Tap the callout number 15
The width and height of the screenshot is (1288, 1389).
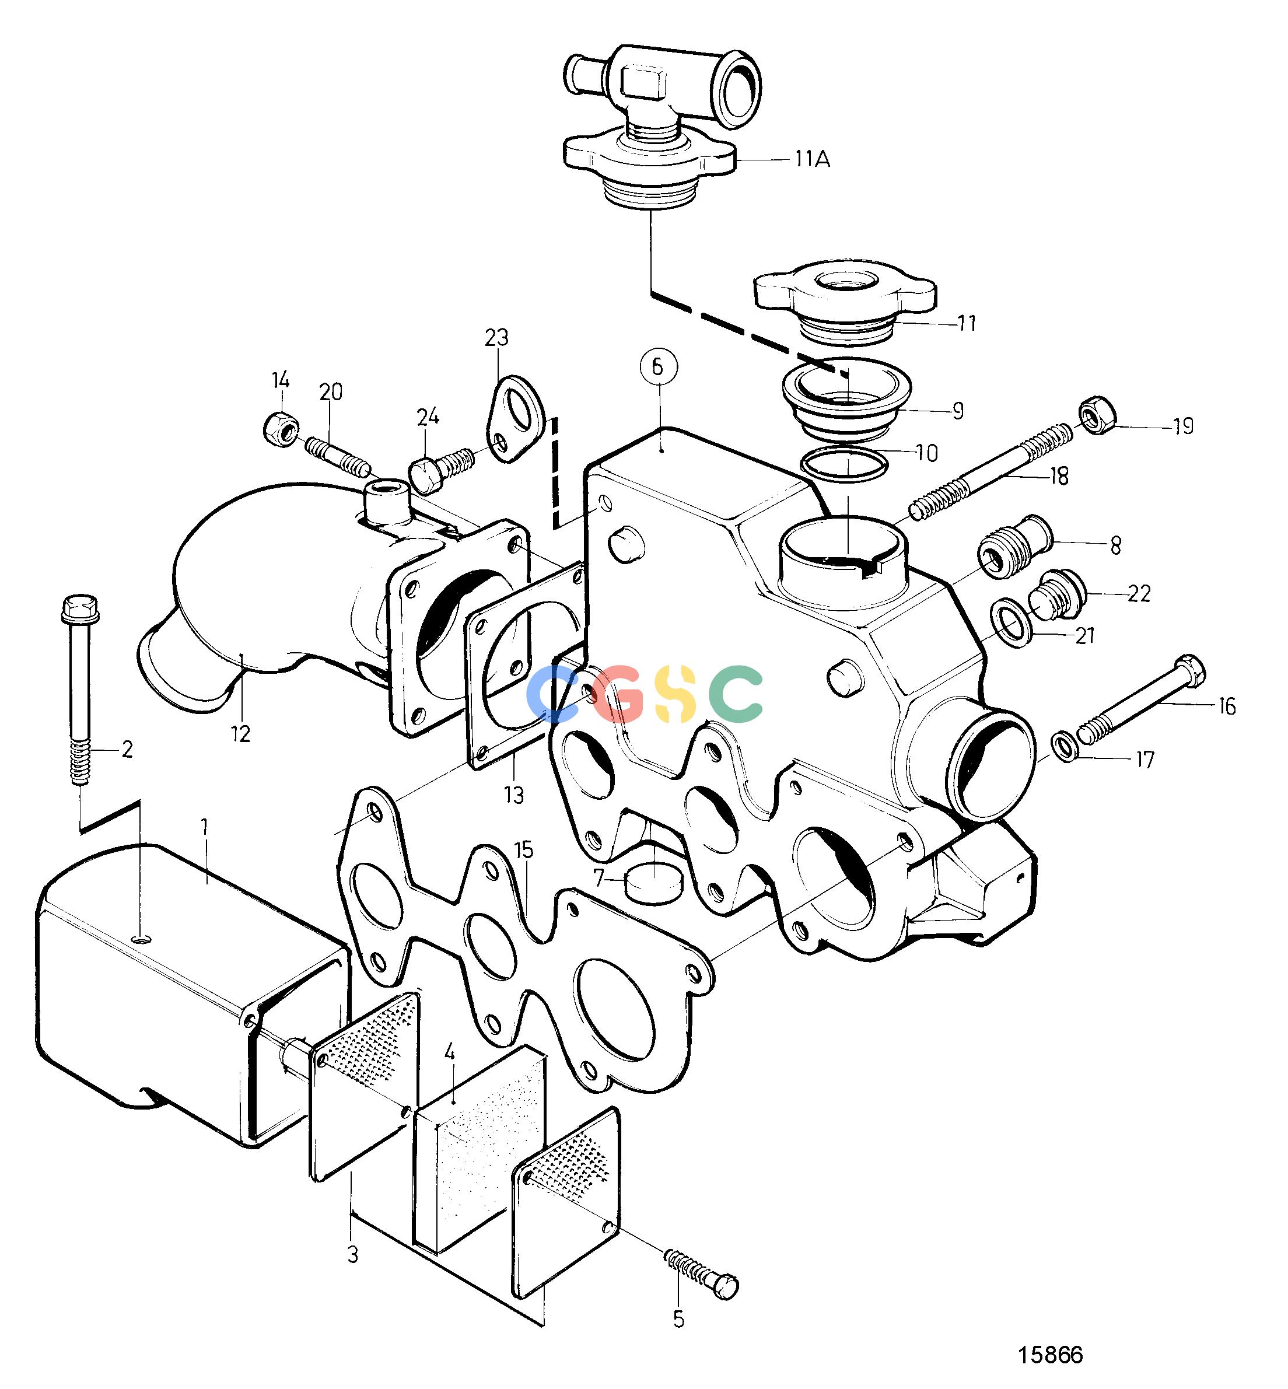pyautogui.click(x=523, y=851)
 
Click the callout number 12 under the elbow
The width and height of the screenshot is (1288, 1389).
pyautogui.click(x=240, y=734)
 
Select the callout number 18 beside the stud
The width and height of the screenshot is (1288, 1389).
pyautogui.click(x=1058, y=477)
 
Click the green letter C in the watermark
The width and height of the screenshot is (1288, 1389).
pyautogui.click(x=736, y=693)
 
